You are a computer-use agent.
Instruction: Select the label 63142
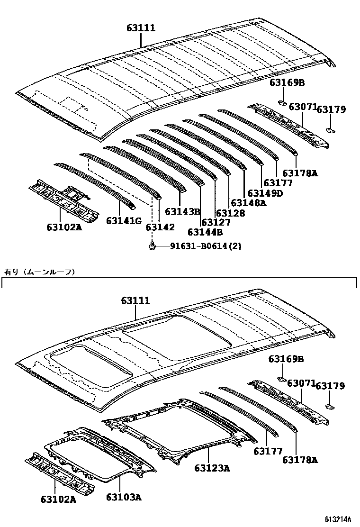pos(160,227)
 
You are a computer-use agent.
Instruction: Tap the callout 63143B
pos(183,211)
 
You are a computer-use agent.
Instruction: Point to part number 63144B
pos(205,232)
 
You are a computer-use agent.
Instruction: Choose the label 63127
pos(216,222)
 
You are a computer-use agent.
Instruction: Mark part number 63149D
pos(265,193)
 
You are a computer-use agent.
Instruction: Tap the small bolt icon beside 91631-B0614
pos(152,246)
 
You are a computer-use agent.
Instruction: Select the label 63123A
pos(212,468)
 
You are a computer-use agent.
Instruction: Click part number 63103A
pos(124,497)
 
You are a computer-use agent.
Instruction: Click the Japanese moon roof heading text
pos(40,272)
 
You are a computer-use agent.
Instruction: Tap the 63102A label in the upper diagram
pos(64,227)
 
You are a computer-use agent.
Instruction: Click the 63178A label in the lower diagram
pos(300,459)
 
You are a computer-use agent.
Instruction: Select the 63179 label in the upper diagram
pos(331,109)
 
